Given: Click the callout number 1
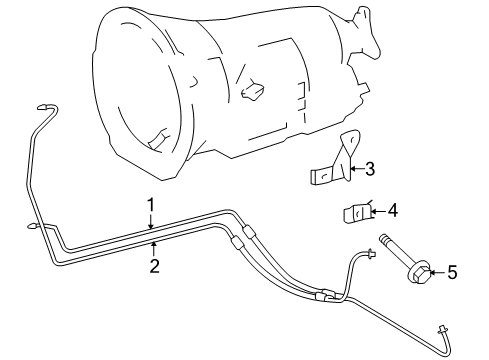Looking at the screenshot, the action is tap(150, 204).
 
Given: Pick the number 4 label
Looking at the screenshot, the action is tap(392, 210).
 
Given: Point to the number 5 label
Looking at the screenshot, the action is tap(451, 270).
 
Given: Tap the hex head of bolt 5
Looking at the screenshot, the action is tap(424, 271).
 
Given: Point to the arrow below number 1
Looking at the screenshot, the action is tap(150, 223).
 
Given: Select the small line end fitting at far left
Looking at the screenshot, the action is tap(34, 228).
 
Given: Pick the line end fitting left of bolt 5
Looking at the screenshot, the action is tap(372, 257).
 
